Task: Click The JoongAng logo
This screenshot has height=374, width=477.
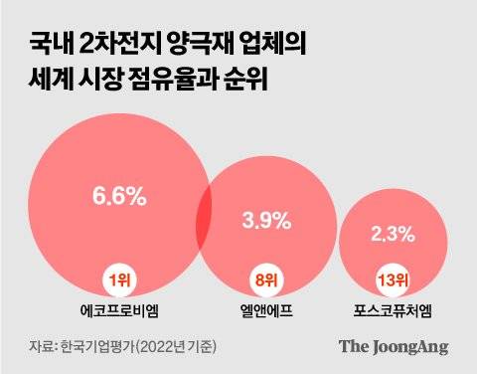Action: pyautogui.click(x=394, y=346)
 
